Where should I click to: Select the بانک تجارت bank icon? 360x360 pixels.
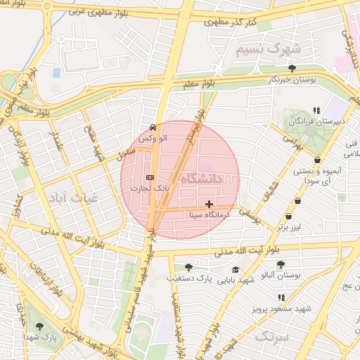point(149,177)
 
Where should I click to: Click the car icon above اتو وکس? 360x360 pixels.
point(153,127)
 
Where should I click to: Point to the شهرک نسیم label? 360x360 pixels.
point(268,50)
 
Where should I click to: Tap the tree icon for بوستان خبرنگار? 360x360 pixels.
point(292,68)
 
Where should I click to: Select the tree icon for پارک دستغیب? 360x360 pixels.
point(188,267)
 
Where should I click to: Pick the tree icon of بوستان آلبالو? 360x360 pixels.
point(281,265)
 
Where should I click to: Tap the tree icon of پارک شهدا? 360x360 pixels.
point(39,326)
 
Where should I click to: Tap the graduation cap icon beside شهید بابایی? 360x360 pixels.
point(235,269)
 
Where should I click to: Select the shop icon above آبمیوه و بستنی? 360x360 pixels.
point(318,160)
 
